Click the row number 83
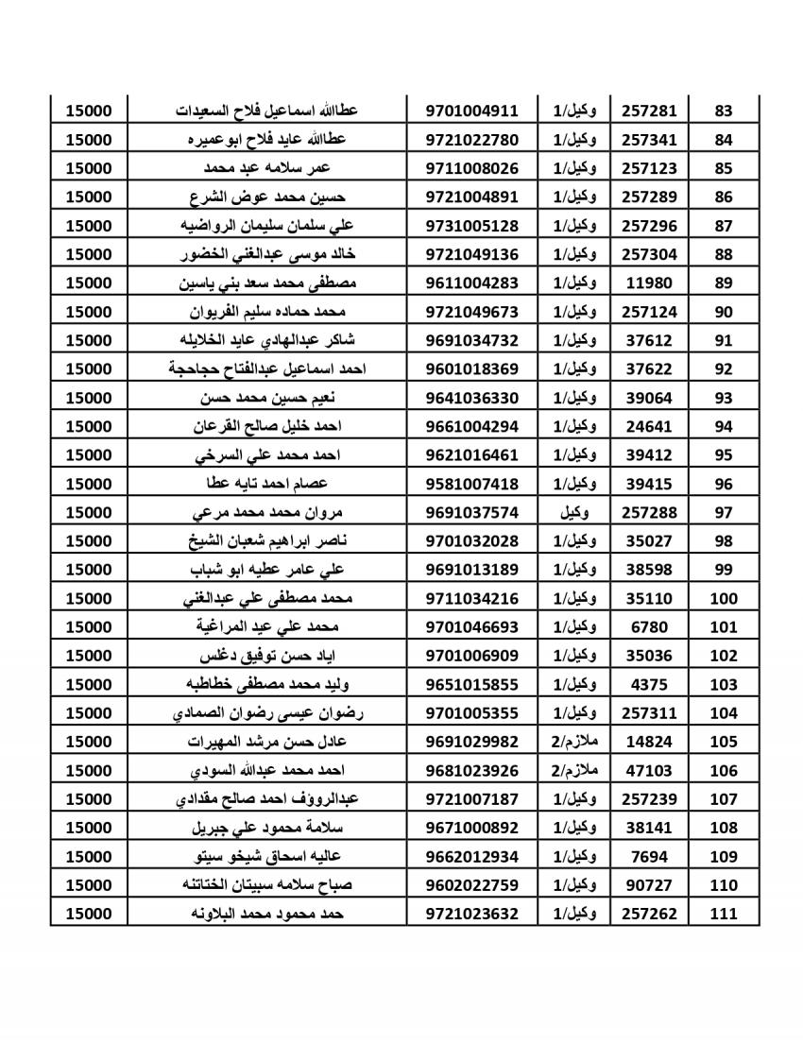coord(725,111)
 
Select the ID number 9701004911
coord(472,111)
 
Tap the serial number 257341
coord(649,140)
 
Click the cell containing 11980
coord(649,282)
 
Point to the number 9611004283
coord(472,282)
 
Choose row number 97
coord(725,512)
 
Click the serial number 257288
coord(649,512)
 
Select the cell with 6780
coord(649,626)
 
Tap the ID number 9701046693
coord(472,626)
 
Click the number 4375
coord(649,684)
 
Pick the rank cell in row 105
coord(573,742)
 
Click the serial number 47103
coord(649,770)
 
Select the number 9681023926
coord(472,770)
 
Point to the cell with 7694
coord(649,856)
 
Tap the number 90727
coord(649,885)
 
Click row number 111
coord(724,914)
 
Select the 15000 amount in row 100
coord(89,598)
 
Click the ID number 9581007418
coord(472,484)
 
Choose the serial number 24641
coord(649,426)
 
